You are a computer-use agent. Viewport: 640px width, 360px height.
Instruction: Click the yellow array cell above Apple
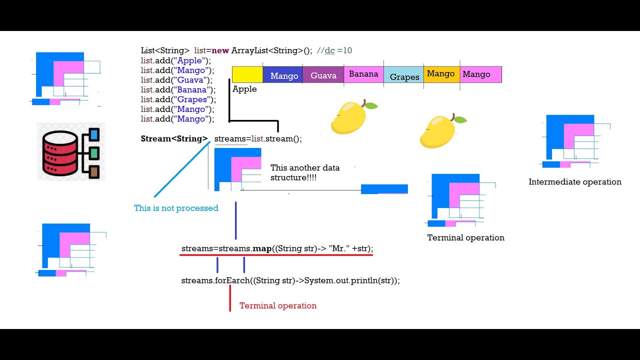(247, 74)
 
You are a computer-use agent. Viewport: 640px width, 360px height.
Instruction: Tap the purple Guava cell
(323, 74)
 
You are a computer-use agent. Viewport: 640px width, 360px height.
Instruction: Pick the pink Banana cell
(363, 74)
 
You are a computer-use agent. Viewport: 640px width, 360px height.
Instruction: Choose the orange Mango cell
(441, 74)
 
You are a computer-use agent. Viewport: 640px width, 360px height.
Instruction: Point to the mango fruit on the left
(350, 117)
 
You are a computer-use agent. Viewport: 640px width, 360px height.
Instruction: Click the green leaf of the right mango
(460, 120)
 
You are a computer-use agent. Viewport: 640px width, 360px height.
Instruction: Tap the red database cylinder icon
(59, 152)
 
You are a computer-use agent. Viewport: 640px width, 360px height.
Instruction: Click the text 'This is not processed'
(176, 208)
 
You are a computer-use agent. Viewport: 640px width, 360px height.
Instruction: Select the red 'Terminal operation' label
(278, 305)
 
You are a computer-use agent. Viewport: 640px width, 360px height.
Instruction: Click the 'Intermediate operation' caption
(575, 182)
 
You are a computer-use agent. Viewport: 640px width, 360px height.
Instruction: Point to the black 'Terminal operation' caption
(465, 237)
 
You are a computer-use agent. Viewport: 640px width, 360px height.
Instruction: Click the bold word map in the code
(262, 248)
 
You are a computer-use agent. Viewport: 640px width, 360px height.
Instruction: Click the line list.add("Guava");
(176, 80)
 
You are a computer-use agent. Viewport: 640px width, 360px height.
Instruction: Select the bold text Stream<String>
(174, 138)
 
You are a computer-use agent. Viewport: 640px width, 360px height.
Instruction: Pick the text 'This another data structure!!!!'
(305, 172)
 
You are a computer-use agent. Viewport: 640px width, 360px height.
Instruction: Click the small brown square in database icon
(94, 172)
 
